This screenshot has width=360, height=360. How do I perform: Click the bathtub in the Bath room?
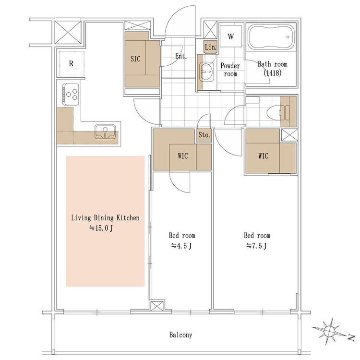point(271,37)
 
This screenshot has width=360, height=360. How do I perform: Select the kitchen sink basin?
point(105,132)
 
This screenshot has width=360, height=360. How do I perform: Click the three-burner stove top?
point(71,94)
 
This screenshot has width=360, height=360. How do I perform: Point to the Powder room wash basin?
point(206,72)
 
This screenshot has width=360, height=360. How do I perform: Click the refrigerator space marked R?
point(71,63)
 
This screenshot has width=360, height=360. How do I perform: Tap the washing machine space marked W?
point(231,36)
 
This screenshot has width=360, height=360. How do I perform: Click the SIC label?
point(135,59)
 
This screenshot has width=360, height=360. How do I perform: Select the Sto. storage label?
point(204,135)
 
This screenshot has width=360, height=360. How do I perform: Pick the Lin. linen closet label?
point(211,48)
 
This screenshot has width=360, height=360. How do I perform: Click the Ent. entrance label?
point(181,56)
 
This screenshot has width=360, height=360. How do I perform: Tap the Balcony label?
point(180,335)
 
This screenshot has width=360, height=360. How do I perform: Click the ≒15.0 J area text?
point(101,228)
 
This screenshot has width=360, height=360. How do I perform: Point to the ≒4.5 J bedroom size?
point(181,246)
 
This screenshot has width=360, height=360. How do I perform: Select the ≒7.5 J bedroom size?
point(256,246)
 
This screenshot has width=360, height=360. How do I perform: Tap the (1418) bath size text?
point(272,73)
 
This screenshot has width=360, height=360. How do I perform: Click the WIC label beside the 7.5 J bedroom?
point(263,156)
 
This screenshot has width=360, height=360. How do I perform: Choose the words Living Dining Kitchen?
point(105,217)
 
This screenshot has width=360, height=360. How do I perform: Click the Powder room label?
point(230,70)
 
